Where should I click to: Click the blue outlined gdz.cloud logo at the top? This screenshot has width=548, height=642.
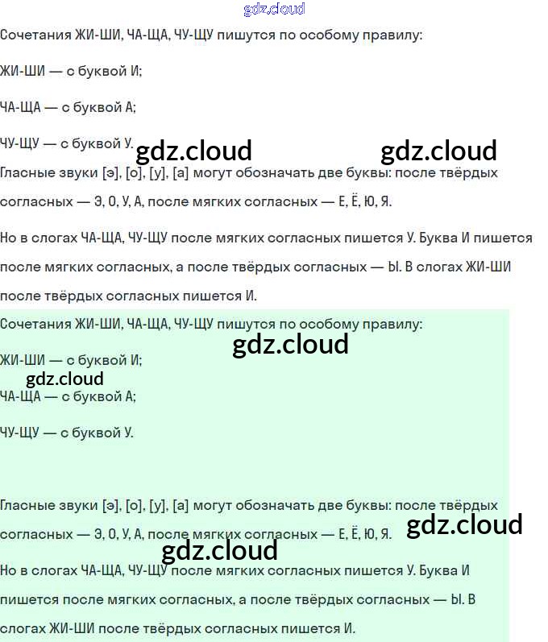pyautogui.click(x=274, y=10)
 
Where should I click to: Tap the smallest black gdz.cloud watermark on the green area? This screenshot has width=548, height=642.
pyautogui.click(x=64, y=379)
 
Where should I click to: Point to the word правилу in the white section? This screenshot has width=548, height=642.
pyautogui.click(x=394, y=35)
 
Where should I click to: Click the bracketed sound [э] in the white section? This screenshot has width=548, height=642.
pyautogui.click(x=111, y=173)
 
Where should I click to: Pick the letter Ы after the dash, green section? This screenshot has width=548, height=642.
pyautogui.click(x=458, y=600)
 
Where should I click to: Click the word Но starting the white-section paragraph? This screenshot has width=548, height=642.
pyautogui.click(x=9, y=238)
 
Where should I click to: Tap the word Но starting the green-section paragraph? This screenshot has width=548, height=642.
pyautogui.click(x=9, y=570)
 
